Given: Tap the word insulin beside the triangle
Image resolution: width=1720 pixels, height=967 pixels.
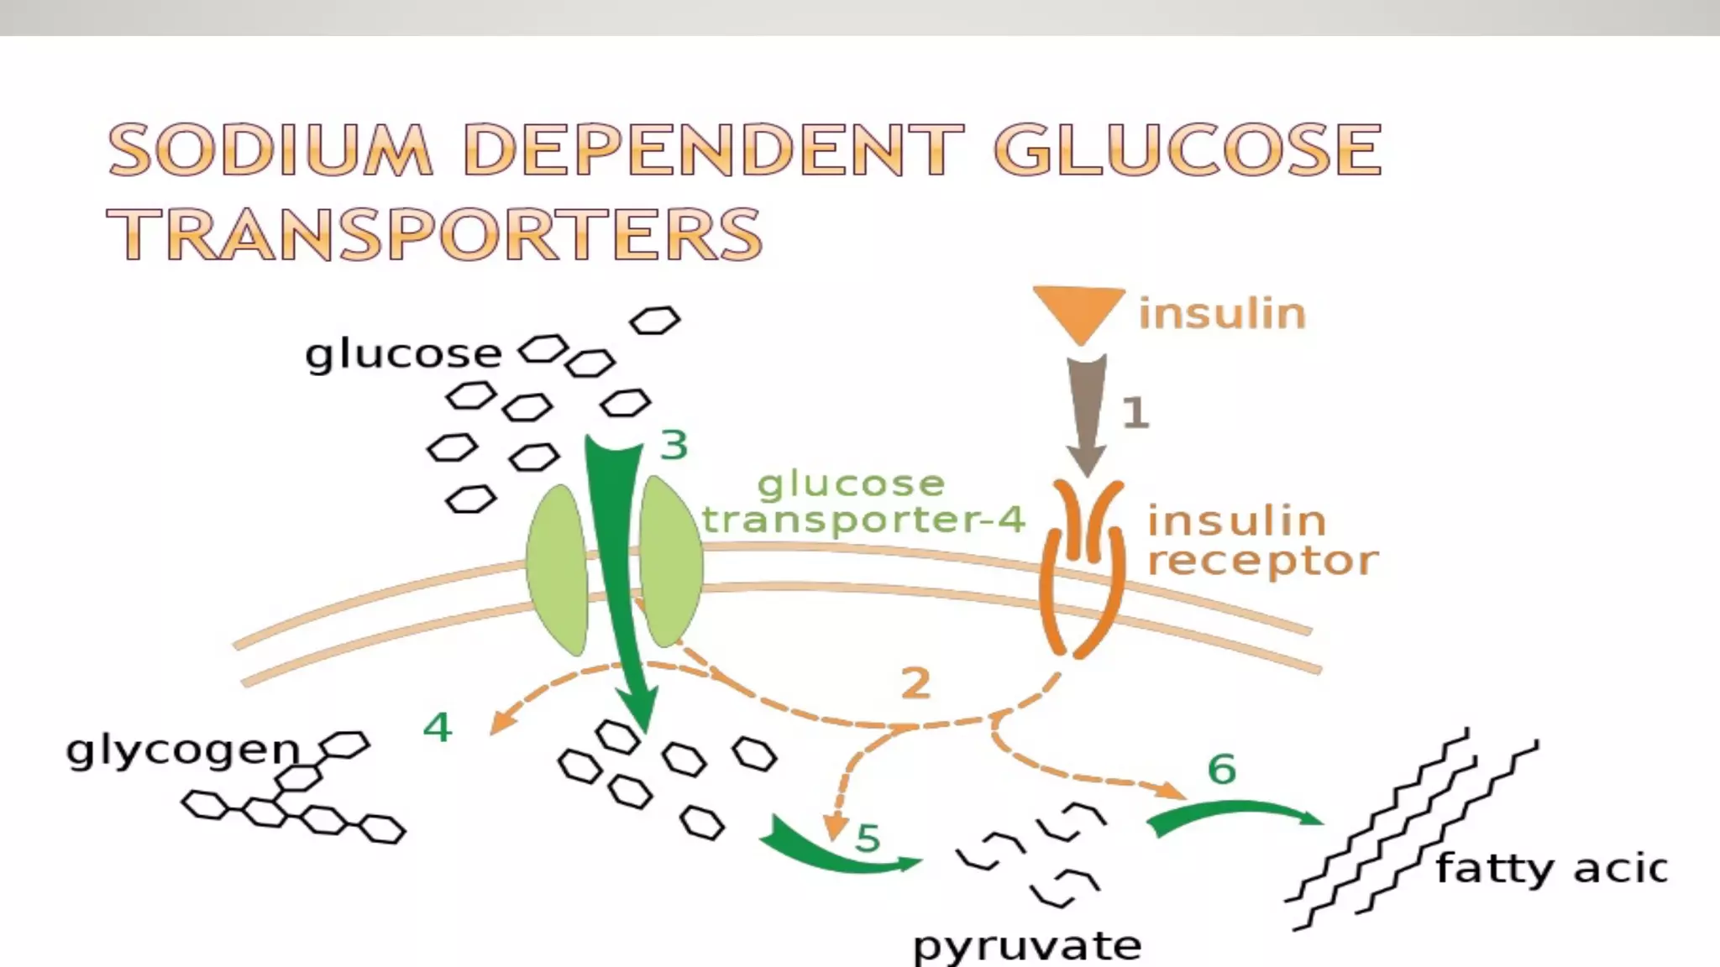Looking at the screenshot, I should tap(1222, 314).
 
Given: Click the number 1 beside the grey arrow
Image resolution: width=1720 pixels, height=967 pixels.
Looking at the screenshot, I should tap(1135, 413).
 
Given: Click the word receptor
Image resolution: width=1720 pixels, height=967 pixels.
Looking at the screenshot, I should tap(1262, 561).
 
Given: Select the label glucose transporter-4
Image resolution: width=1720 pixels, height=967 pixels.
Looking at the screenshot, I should tap(863, 502).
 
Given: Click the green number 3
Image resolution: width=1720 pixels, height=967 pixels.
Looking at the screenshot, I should tap(674, 445).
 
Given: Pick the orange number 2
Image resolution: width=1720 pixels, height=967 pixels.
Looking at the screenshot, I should tap(915, 683).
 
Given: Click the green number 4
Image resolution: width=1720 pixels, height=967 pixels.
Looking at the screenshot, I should tap(438, 727).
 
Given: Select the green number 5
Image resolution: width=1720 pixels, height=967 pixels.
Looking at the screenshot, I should tap(868, 838).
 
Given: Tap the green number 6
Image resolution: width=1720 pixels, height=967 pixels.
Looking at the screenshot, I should tap(1222, 769).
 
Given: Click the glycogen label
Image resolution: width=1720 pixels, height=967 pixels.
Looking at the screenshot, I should tap(183, 750).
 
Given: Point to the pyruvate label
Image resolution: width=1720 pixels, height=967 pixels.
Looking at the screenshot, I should tap(1026, 946).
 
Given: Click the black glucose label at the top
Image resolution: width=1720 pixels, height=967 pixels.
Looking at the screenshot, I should tap(403, 354).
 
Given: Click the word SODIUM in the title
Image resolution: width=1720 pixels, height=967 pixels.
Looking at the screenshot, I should tap(270, 150).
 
